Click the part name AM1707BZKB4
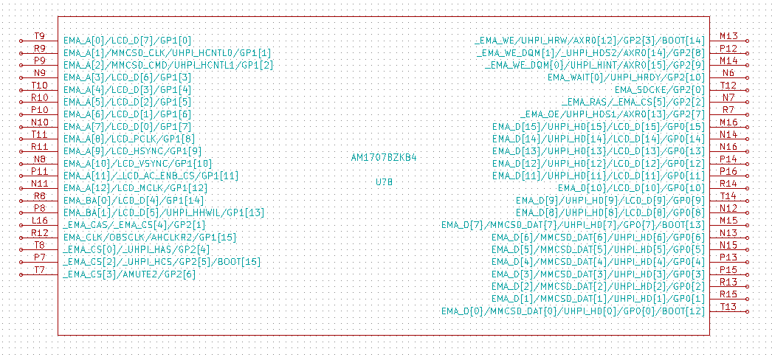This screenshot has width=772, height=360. (x=384, y=158)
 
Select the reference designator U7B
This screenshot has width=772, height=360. (x=384, y=182)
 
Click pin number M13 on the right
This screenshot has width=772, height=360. (x=728, y=36)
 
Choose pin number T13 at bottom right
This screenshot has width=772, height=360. (x=728, y=306)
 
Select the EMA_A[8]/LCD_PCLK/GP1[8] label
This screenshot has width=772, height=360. (x=129, y=139)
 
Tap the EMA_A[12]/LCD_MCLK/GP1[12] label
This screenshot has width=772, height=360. (x=135, y=188)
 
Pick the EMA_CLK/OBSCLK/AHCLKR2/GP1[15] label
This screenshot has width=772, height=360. (x=150, y=238)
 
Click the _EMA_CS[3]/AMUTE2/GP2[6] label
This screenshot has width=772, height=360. (x=129, y=274)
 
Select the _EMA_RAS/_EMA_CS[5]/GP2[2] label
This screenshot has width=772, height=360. (x=633, y=102)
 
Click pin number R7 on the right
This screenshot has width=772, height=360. (x=728, y=109)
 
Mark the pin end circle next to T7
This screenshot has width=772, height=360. (x=21, y=274)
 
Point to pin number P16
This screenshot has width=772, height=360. (x=728, y=171)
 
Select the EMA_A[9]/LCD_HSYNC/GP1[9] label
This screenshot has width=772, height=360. (x=132, y=151)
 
